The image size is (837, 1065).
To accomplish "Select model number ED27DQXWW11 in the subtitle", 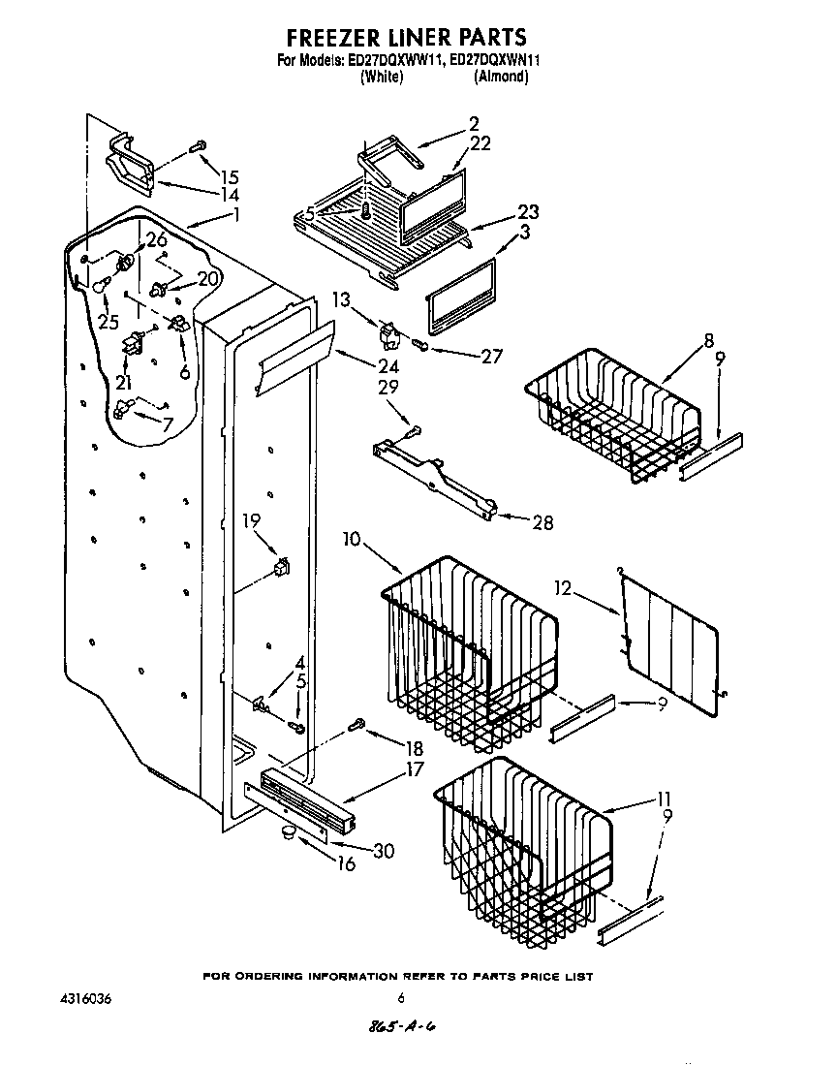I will (x=397, y=60).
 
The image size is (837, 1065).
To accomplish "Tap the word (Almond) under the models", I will (x=501, y=78).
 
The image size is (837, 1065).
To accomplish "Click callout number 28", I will (x=542, y=522).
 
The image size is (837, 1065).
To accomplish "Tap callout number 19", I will (x=252, y=520).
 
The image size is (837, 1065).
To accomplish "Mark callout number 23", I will (x=528, y=212).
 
